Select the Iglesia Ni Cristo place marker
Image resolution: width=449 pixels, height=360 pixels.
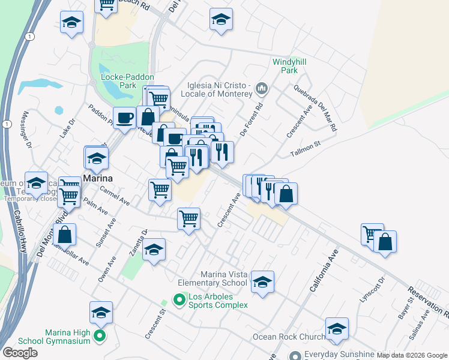[261, 89]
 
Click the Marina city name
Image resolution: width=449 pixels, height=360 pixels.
[99, 179]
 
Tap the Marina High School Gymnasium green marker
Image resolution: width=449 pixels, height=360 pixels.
[100, 337]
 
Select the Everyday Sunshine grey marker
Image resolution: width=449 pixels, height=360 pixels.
[294, 355]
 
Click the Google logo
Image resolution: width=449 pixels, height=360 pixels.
[20, 352]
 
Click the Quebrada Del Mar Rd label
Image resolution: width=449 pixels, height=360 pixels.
[315, 107]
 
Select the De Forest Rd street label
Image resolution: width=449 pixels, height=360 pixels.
[252, 120]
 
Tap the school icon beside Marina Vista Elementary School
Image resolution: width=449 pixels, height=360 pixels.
[262, 282]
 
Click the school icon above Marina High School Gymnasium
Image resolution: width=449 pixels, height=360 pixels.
[101, 312]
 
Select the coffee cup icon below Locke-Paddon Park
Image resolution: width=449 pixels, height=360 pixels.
[125, 117]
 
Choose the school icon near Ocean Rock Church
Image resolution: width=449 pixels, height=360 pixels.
[337, 328]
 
